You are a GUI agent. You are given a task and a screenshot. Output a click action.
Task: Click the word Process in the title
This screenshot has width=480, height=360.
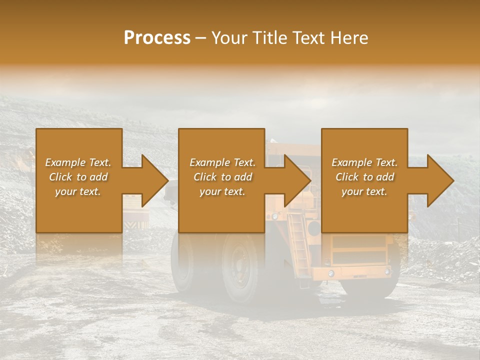coord(157,38)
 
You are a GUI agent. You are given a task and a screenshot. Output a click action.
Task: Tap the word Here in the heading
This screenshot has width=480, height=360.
coord(349,38)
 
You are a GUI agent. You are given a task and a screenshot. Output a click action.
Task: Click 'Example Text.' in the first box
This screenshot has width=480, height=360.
coord(78,162)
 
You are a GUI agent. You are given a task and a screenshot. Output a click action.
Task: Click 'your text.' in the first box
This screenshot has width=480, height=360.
coord(78,191)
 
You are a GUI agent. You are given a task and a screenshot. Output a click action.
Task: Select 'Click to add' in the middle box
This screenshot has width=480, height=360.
coord(222,177)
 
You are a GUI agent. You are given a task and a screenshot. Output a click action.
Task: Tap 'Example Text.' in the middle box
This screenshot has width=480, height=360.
coord(222,162)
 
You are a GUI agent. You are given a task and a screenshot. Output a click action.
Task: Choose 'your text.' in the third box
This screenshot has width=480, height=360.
coord(364,191)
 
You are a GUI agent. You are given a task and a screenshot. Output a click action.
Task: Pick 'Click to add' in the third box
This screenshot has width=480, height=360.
coord(364,177)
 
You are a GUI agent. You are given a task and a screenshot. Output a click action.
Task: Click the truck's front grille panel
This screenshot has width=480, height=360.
coord(359,250)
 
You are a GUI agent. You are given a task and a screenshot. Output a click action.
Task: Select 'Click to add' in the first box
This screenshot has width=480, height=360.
coord(78,177)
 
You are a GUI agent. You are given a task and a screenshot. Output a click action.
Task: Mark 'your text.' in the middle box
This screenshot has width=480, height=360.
coord(222,191)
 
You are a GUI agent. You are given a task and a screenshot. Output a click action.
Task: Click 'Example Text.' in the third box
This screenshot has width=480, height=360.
coord(364,162)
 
